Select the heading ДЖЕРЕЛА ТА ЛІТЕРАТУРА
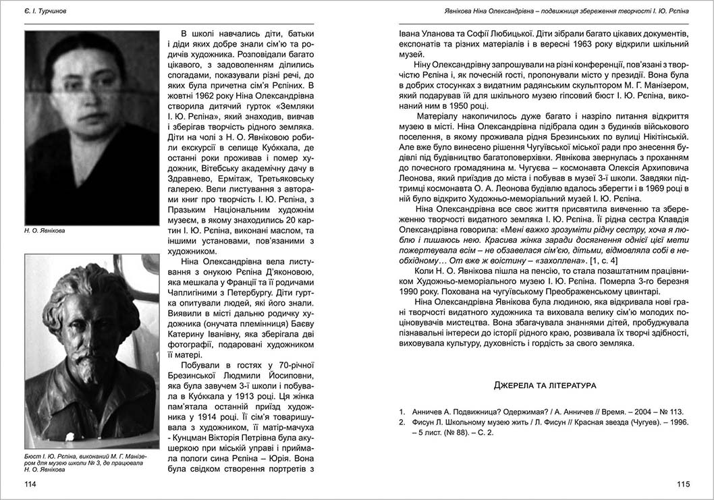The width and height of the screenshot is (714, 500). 545,385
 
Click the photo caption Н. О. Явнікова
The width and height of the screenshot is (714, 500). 48,231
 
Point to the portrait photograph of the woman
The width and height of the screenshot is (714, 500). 92,128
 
